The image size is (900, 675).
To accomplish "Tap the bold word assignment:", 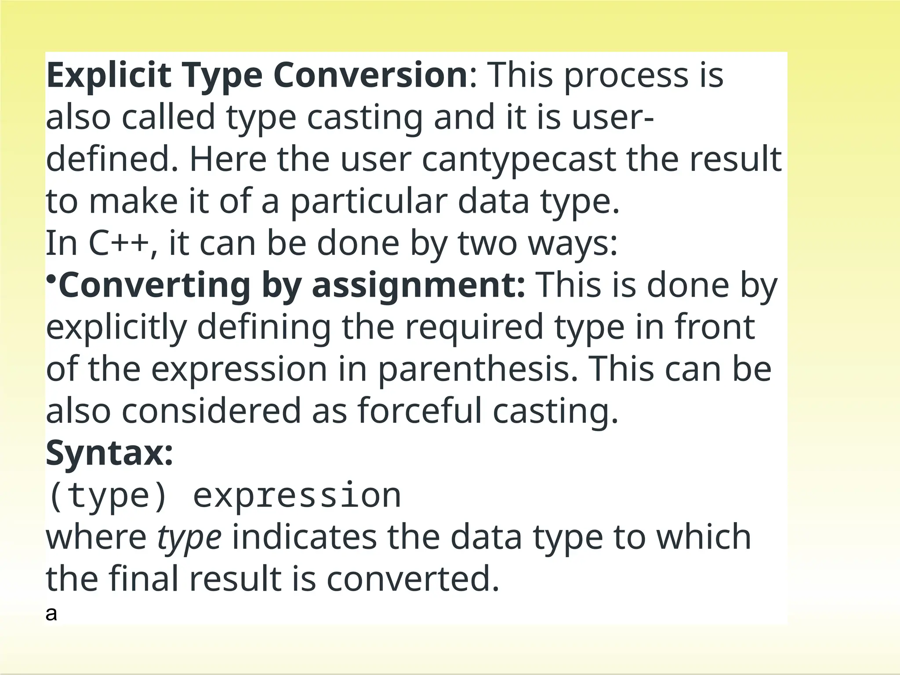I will pos(418,286).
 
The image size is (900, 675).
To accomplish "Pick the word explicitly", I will pos(116,328).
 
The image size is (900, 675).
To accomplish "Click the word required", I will pos(474,327).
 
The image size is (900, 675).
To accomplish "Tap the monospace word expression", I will pos(297,496).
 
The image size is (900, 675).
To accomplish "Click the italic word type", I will pos(189,537).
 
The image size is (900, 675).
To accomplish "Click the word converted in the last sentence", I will pos(413,579).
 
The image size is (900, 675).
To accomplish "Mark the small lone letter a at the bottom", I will pos(51,614).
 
